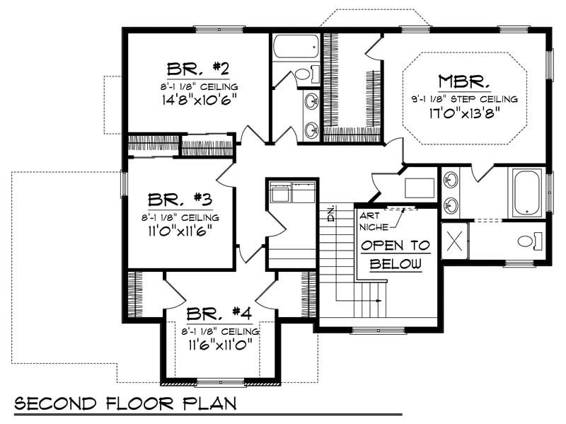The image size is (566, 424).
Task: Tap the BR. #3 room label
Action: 180,199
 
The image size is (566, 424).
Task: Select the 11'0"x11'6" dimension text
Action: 180,230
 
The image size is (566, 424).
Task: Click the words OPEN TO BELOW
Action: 395,255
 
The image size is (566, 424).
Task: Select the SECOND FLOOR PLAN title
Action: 125,403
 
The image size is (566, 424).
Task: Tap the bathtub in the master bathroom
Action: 526,192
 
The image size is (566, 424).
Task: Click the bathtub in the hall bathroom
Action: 295,46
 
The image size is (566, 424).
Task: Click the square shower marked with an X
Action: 454,241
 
